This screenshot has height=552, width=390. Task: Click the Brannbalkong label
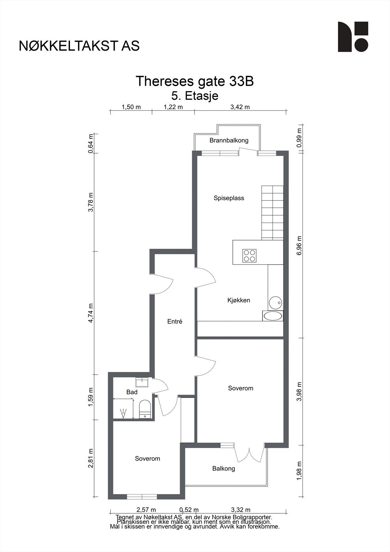pyautogui.click(x=229, y=140)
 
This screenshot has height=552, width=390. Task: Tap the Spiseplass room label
pyautogui.click(x=229, y=198)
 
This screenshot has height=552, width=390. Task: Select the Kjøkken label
pyautogui.click(x=239, y=300)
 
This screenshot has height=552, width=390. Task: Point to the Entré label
pyautogui.click(x=175, y=321)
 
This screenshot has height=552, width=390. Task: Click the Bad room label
pyautogui.click(x=132, y=392)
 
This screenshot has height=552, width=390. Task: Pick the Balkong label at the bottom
pyautogui.click(x=224, y=469)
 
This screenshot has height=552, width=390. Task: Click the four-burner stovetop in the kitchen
pyautogui.click(x=249, y=256)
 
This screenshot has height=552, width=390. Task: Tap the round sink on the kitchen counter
pyautogui.click(x=275, y=302)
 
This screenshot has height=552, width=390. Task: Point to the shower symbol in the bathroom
pyautogui.click(x=123, y=413)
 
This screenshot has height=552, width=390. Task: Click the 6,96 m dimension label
pyautogui.click(x=299, y=245)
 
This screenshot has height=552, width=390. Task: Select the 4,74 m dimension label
pyautogui.click(x=91, y=313)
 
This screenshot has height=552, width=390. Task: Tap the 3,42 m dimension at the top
pyautogui.click(x=240, y=107)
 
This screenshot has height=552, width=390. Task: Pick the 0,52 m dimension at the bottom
pyautogui.click(x=189, y=510)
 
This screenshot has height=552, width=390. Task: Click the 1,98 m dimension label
pyautogui.click(x=299, y=471)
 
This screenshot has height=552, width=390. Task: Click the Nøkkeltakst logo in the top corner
pyautogui.click(x=353, y=37)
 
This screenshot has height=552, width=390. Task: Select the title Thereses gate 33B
pyautogui.click(x=194, y=81)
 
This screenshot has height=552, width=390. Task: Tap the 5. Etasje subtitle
pyautogui.click(x=195, y=96)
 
